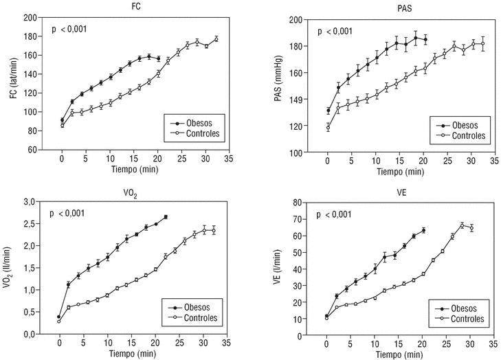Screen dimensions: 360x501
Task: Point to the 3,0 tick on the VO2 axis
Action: [x=30, y=202]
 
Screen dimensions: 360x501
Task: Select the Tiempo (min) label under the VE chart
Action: [x=393, y=353]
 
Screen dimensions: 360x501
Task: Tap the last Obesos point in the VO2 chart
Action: [x=166, y=217]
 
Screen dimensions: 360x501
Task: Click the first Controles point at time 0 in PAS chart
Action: [x=328, y=128]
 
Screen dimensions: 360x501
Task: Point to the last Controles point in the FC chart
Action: [x=216, y=39]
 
